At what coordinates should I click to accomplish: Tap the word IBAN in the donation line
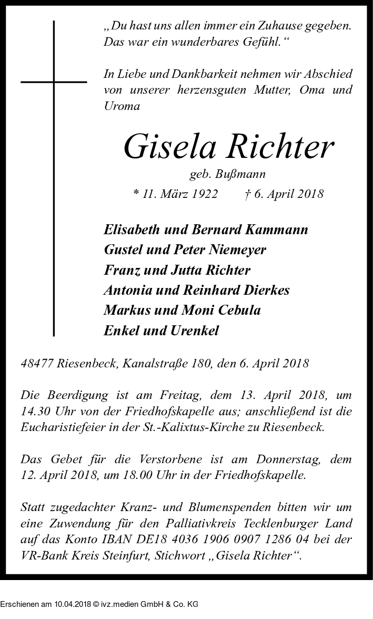point(135,540)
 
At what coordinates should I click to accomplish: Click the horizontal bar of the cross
point(54,82)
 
